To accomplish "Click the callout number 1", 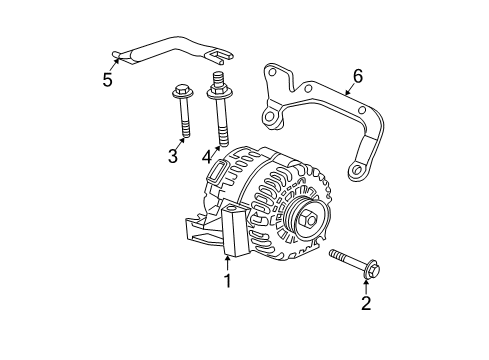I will [228, 281].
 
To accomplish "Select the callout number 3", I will [173, 156].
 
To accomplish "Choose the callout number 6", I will [358, 74].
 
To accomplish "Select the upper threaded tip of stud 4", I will [215, 78].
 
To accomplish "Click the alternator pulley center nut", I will [310, 219].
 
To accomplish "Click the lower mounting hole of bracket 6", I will [355, 172].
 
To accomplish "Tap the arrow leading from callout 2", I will [366, 287].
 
